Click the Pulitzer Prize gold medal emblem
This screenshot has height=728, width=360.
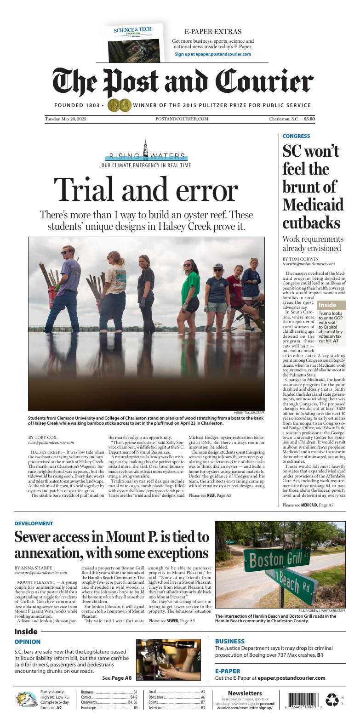[119, 105]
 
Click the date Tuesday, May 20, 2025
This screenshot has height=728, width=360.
[66, 119]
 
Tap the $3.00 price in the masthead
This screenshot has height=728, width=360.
[309, 119]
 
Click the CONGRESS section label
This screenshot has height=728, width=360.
[296, 136]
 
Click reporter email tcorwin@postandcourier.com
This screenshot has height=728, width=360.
[309, 264]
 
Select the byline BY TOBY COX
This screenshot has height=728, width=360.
[44, 437]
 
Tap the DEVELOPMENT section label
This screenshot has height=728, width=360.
[34, 523]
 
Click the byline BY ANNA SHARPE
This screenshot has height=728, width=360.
[33, 568]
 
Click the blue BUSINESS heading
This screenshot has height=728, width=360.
[230, 641]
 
